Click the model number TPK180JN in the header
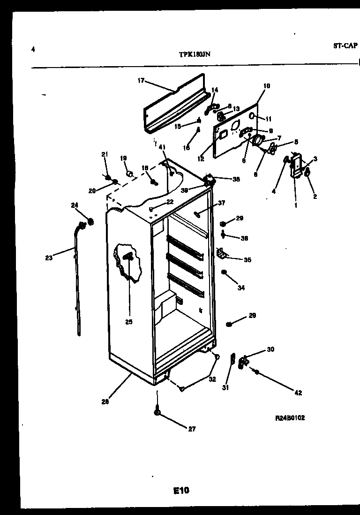click(x=195, y=54)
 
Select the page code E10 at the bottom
click(x=181, y=491)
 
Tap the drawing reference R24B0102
click(x=290, y=418)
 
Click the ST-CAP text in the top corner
click(x=345, y=45)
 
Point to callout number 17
click(x=141, y=80)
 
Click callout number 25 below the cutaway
click(x=129, y=322)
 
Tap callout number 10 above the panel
click(x=267, y=86)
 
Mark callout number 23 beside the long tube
click(x=49, y=257)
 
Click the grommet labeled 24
click(x=90, y=220)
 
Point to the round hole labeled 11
click(x=252, y=116)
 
